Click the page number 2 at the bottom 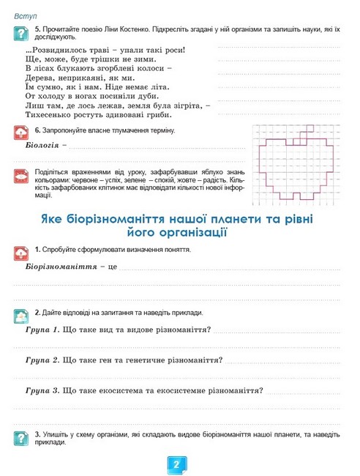(x=178, y=465)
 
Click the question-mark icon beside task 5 (x=21, y=32)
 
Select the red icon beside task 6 (x=21, y=133)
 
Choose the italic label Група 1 (x=41, y=330)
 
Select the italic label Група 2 (x=41, y=360)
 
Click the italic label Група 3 (x=41, y=390)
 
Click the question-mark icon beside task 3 (x=21, y=438)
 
